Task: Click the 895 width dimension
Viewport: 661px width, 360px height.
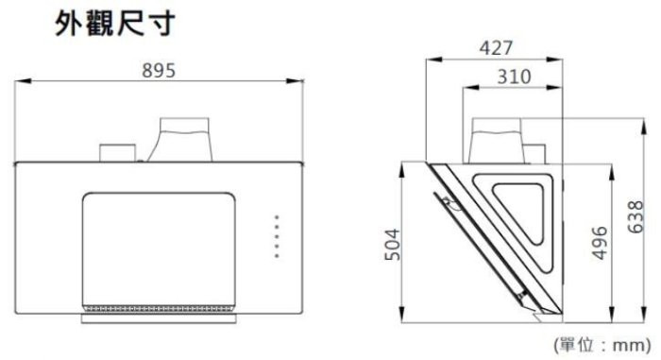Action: click(x=159, y=71)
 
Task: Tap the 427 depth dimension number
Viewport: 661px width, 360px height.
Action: click(x=496, y=48)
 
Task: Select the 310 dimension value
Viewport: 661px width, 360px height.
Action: click(x=514, y=77)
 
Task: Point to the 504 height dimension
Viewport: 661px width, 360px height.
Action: click(x=393, y=245)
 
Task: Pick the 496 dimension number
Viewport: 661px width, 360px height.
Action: click(x=600, y=242)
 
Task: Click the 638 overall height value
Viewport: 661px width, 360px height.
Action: click(x=636, y=216)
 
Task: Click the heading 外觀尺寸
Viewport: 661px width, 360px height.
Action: click(x=114, y=24)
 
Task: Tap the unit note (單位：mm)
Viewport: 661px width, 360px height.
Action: click(x=602, y=345)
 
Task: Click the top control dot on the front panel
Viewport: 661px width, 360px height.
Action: click(x=277, y=217)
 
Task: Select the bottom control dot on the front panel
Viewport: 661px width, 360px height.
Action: click(x=277, y=256)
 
